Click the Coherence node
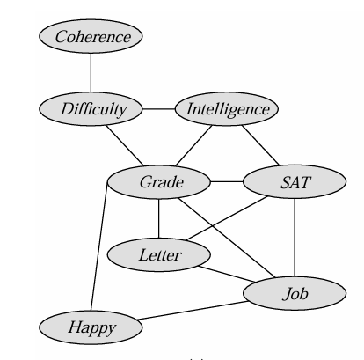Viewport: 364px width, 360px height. point(91,36)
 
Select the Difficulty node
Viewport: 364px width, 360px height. point(91,109)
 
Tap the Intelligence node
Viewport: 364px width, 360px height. point(227,109)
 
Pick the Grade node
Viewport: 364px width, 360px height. point(159,182)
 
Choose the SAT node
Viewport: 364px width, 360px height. point(295,182)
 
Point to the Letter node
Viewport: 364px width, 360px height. point(159,254)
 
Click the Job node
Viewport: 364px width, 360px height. point(295,293)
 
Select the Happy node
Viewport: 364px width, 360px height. point(91,327)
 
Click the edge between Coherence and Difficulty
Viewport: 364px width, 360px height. point(91,73)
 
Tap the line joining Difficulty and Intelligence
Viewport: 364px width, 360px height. point(159,109)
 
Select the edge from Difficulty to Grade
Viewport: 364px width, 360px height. point(125,145)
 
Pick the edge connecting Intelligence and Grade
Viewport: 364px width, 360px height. point(193,145)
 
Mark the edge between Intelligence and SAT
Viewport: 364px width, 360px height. point(260,145)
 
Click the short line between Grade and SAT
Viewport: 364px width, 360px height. point(227,182)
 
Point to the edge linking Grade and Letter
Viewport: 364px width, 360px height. point(159,218)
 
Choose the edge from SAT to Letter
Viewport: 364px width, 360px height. point(227,218)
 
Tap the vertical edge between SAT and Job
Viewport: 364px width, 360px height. point(295,238)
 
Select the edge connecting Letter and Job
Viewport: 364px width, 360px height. point(227,274)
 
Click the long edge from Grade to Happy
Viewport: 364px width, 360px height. point(99,246)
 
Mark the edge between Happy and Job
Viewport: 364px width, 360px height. point(193,310)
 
